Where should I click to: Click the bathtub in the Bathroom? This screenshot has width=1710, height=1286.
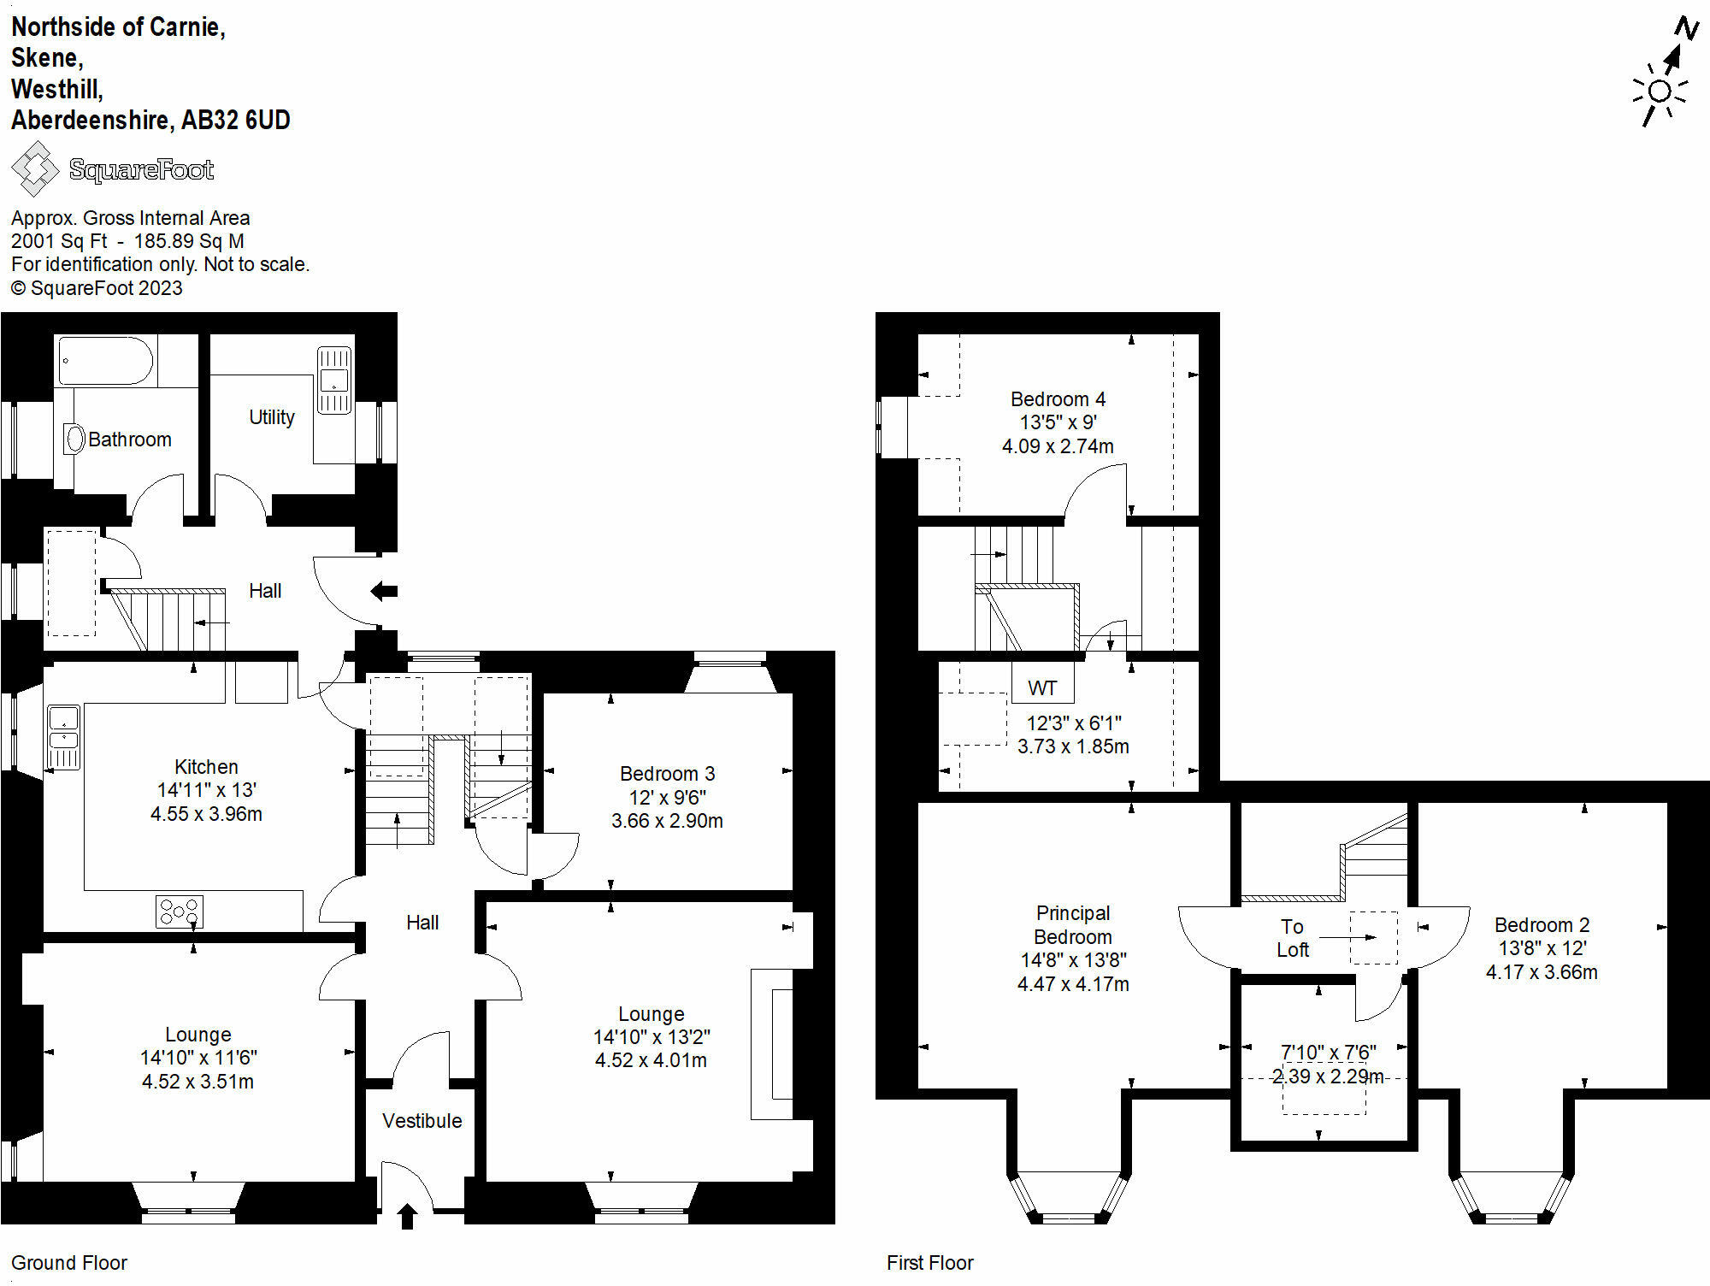point(105,361)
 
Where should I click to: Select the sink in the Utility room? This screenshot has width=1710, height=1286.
point(334,380)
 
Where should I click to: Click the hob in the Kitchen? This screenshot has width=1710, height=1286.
point(180,911)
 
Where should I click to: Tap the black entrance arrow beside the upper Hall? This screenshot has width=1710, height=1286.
point(384,590)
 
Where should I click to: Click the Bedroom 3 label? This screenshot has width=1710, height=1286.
point(667,774)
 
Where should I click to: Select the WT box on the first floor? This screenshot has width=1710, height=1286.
point(1042,687)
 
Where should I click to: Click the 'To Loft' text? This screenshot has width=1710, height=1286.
point(1292,938)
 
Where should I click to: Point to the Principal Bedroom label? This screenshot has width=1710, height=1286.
point(1073,924)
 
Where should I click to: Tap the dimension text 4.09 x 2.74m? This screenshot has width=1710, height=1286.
point(1058,446)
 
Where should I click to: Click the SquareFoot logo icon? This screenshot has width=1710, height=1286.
point(35,169)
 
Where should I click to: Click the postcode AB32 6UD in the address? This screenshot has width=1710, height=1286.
point(236,120)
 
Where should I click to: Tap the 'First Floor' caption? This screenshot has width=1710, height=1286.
point(929,1263)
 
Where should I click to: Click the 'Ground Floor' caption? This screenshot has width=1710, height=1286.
point(68,1263)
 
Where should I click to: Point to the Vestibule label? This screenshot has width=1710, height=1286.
point(422,1121)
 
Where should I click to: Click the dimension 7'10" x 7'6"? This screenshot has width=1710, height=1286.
point(1328,1053)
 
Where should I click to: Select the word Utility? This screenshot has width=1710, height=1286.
point(272,417)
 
